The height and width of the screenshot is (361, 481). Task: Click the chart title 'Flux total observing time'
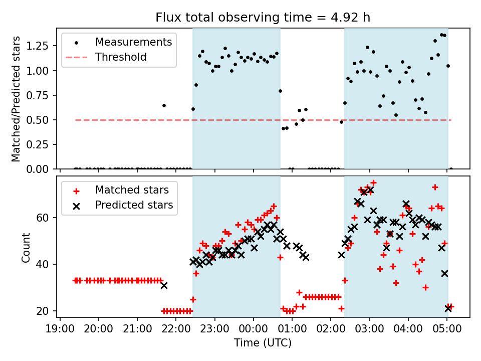click(263, 18)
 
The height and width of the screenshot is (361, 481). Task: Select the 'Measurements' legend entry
click(133, 42)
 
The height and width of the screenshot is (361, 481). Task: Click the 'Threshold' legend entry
click(121, 57)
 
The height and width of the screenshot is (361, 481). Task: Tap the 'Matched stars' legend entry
click(132, 190)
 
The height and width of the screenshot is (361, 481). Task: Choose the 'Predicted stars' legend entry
click(134, 205)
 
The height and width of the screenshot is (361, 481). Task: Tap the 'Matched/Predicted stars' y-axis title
click(17, 99)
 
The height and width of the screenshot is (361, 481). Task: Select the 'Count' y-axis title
click(26, 247)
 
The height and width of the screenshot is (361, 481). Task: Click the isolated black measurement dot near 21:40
click(164, 105)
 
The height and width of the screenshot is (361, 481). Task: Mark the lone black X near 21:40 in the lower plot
click(164, 285)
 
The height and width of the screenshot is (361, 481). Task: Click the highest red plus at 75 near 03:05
click(373, 183)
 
